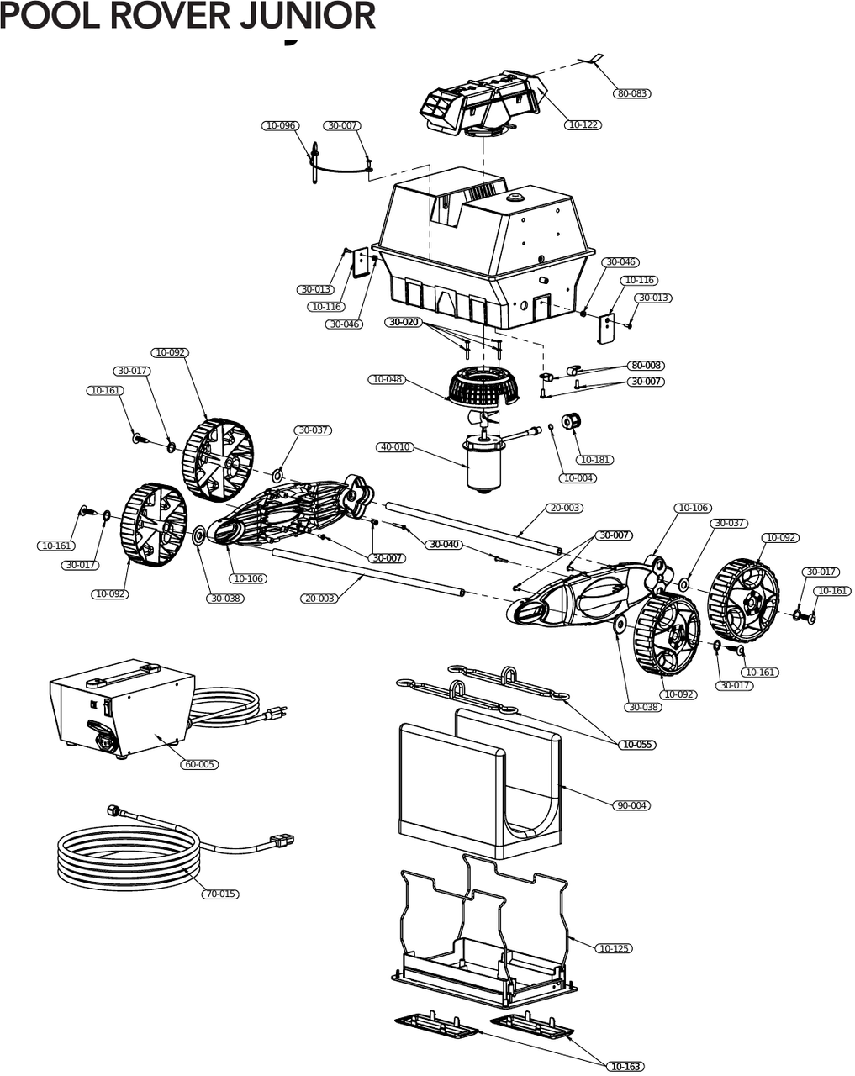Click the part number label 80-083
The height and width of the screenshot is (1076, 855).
[x=632, y=93]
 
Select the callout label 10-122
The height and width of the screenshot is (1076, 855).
[x=583, y=124]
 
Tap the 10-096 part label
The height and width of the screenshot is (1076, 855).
[x=281, y=125]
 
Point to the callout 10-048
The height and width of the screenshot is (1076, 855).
[x=387, y=379]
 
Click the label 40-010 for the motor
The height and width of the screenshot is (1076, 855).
[x=395, y=447]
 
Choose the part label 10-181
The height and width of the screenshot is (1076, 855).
[x=595, y=460]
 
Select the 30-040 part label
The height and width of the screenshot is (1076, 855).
[x=445, y=545]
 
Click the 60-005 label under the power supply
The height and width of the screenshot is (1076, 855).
[x=199, y=764]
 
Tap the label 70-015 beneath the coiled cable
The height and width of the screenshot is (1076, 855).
[x=220, y=894]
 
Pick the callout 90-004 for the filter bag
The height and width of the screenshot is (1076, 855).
[x=632, y=805]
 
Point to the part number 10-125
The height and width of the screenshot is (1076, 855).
[x=614, y=948]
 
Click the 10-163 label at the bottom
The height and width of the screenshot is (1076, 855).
[x=625, y=1067]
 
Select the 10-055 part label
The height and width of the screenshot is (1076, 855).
[x=637, y=745]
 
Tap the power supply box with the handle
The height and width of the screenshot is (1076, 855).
[x=118, y=706]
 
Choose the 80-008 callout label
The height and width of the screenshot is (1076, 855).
[x=647, y=366]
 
